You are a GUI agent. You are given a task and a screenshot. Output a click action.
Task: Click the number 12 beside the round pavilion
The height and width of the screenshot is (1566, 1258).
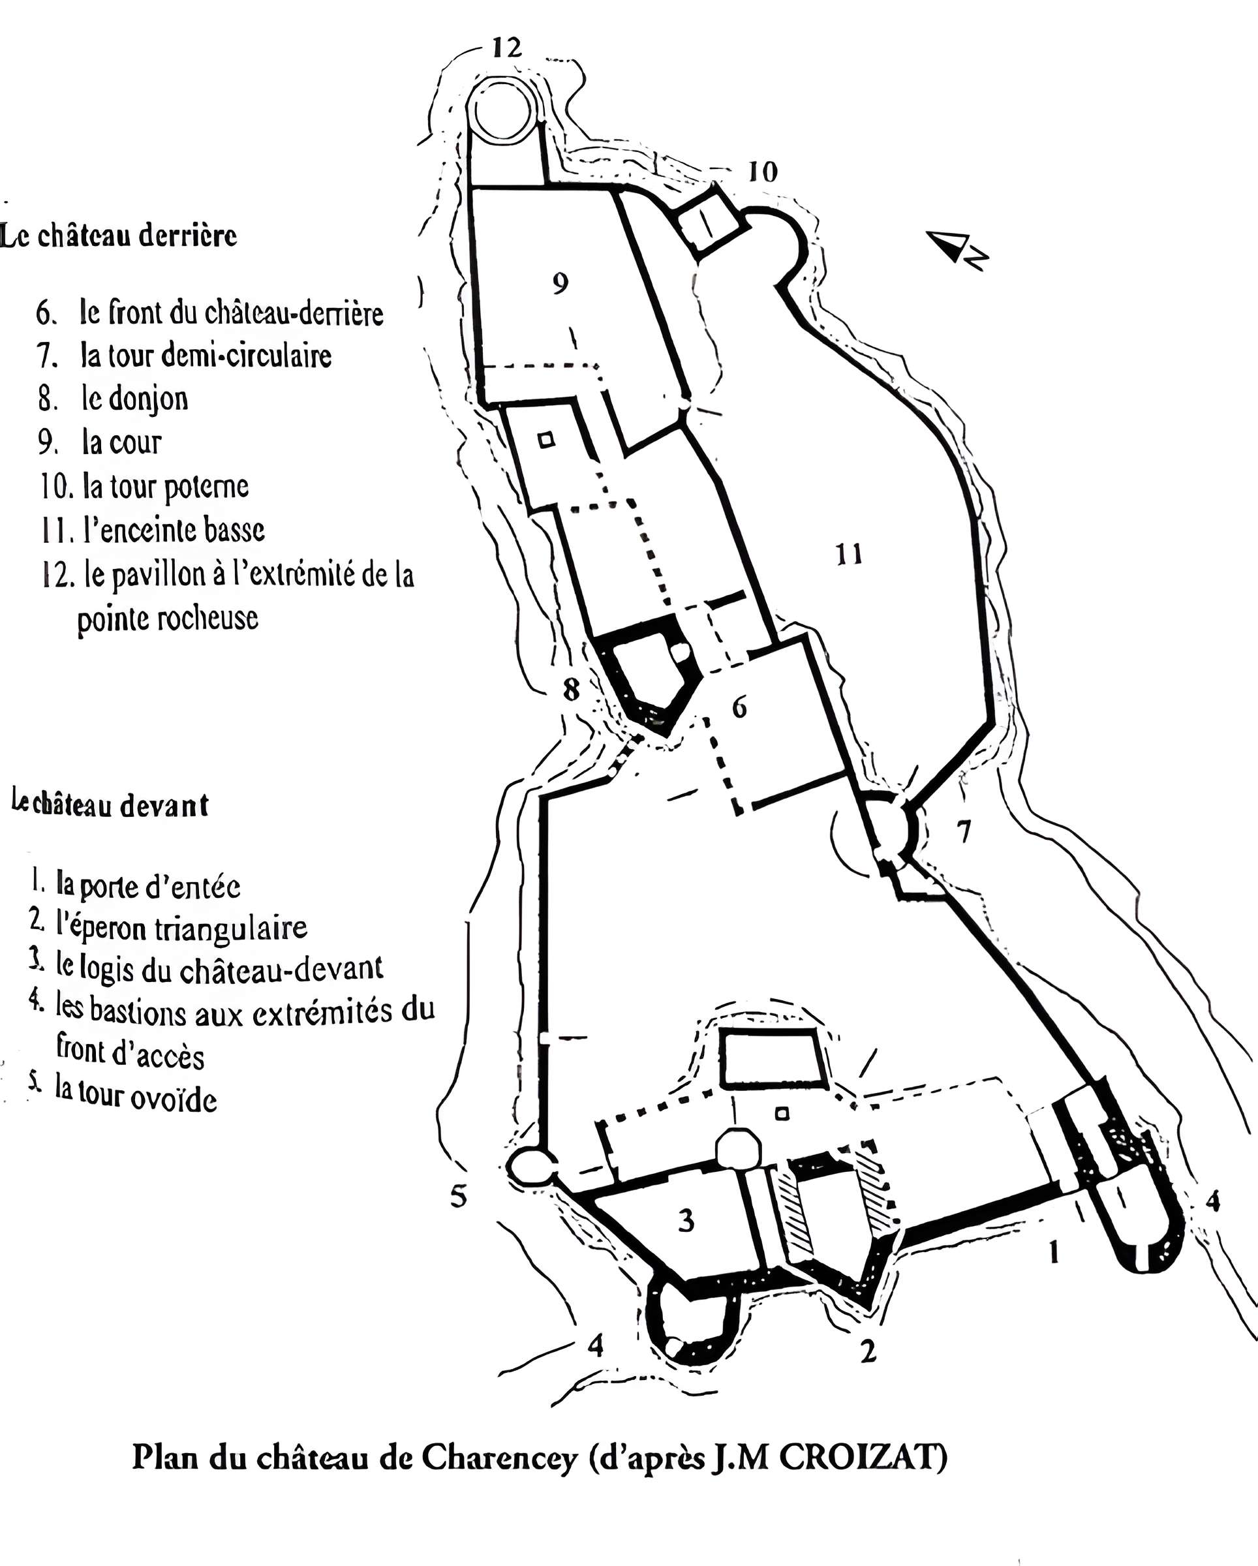(x=507, y=48)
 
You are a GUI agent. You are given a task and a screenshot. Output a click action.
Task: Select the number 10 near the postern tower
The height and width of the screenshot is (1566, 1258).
(x=763, y=172)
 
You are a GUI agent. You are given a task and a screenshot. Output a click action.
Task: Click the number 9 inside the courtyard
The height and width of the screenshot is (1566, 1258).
(x=560, y=283)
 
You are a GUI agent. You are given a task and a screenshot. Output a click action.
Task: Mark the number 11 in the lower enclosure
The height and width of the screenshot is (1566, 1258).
(x=849, y=555)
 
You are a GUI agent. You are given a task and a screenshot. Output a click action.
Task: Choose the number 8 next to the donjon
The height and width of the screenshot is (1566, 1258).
(x=572, y=689)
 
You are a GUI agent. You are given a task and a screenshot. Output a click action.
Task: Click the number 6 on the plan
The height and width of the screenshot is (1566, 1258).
(x=739, y=706)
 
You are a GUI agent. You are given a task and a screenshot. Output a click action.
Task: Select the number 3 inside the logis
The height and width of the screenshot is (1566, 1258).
(x=686, y=1221)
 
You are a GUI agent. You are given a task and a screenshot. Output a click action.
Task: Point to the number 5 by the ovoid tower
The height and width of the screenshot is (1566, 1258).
(x=458, y=1195)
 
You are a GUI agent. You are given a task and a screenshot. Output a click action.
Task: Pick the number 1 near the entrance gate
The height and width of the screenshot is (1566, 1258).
(x=1054, y=1252)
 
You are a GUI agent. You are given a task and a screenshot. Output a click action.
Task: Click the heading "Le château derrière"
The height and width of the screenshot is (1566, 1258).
(x=118, y=236)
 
